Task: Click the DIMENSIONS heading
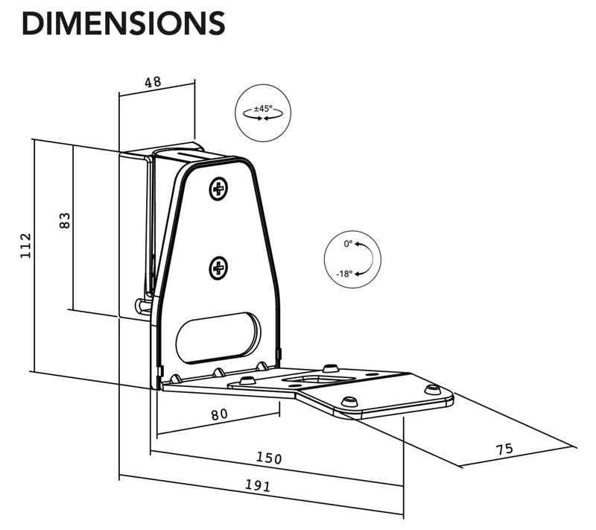coord(124,23)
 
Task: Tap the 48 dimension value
coord(153,82)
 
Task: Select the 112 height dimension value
coord(25,245)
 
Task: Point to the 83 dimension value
coord(65,220)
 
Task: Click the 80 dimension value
coord(219,414)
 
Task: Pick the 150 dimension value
coord(269,458)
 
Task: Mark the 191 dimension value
coord(258,485)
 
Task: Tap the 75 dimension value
coord(505,449)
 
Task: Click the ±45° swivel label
coord(263,108)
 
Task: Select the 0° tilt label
coord(348,244)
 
